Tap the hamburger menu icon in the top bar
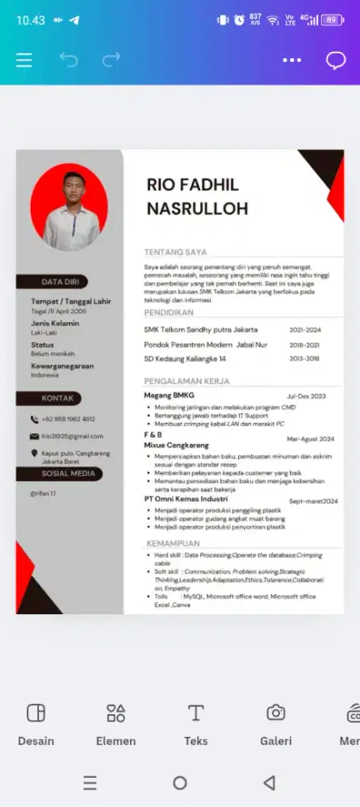coord(24,61)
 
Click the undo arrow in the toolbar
coord(69,60)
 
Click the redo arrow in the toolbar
coord(111,60)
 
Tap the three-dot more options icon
coord(291,61)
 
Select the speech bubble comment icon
coord(335,61)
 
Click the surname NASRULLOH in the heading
coord(197,209)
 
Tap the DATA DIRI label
coord(60,282)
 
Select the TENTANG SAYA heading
coord(175,252)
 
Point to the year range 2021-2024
coord(305,330)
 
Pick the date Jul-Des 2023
coord(306,396)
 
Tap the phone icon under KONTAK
coord(35,420)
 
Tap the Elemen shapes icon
coord(115,713)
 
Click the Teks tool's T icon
coord(195,713)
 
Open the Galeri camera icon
coord(276,713)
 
